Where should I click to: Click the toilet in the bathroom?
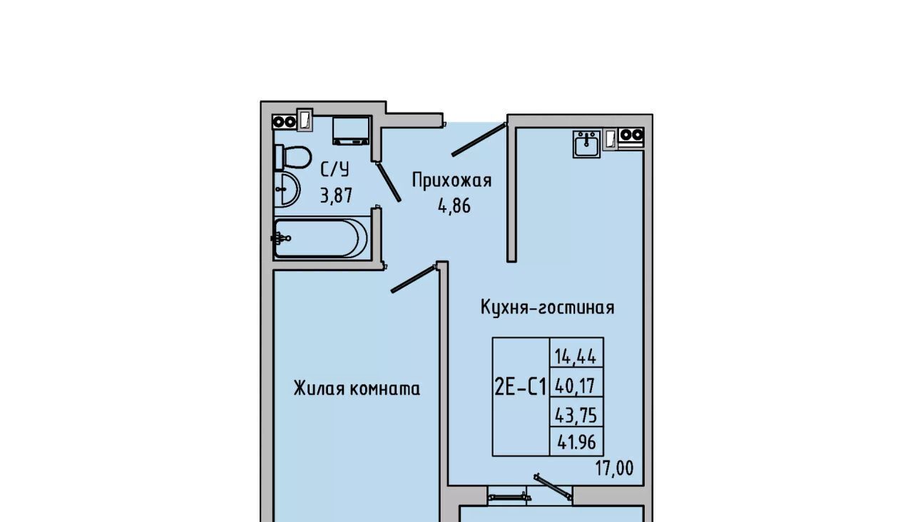[292, 158]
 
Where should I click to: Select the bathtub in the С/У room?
[322, 238]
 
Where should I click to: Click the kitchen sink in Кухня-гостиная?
[586, 143]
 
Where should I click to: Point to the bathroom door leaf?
[389, 182]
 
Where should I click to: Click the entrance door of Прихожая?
[479, 139]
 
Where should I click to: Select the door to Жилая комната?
[414, 279]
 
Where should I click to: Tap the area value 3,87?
[336, 196]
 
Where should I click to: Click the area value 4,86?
[454, 206]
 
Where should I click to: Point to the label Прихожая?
[452, 180]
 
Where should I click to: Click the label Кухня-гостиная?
[547, 307]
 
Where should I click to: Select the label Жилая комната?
[357, 389]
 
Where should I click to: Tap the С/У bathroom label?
[335, 170]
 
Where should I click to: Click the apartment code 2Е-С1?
[521, 387]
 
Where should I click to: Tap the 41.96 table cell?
[576, 441]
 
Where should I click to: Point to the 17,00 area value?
[615, 469]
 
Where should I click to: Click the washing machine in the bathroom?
[351, 130]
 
